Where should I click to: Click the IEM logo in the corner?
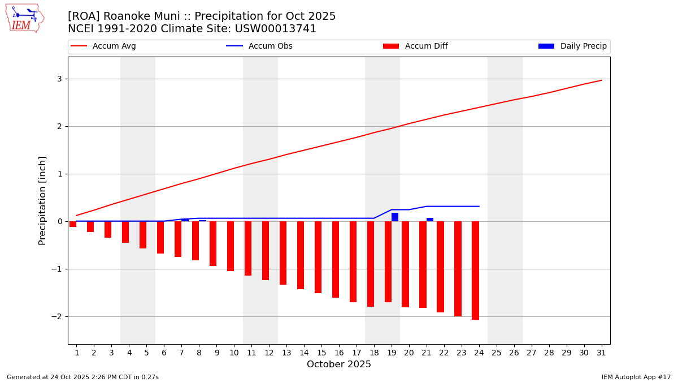[25, 18]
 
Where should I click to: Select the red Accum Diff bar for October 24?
[475, 271]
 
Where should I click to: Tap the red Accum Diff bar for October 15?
[318, 257]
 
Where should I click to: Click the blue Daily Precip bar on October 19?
[395, 217]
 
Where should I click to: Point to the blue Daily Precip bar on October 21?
[430, 220]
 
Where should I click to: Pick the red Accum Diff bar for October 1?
[73, 224]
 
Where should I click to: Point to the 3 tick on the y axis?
[59, 79]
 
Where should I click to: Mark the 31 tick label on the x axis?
[601, 353]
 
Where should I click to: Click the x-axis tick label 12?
[269, 353]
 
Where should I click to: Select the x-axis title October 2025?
[339, 364]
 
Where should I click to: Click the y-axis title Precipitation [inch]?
[42, 200]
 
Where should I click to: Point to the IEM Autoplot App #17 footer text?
[636, 377]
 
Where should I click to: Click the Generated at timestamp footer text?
[82, 377]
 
